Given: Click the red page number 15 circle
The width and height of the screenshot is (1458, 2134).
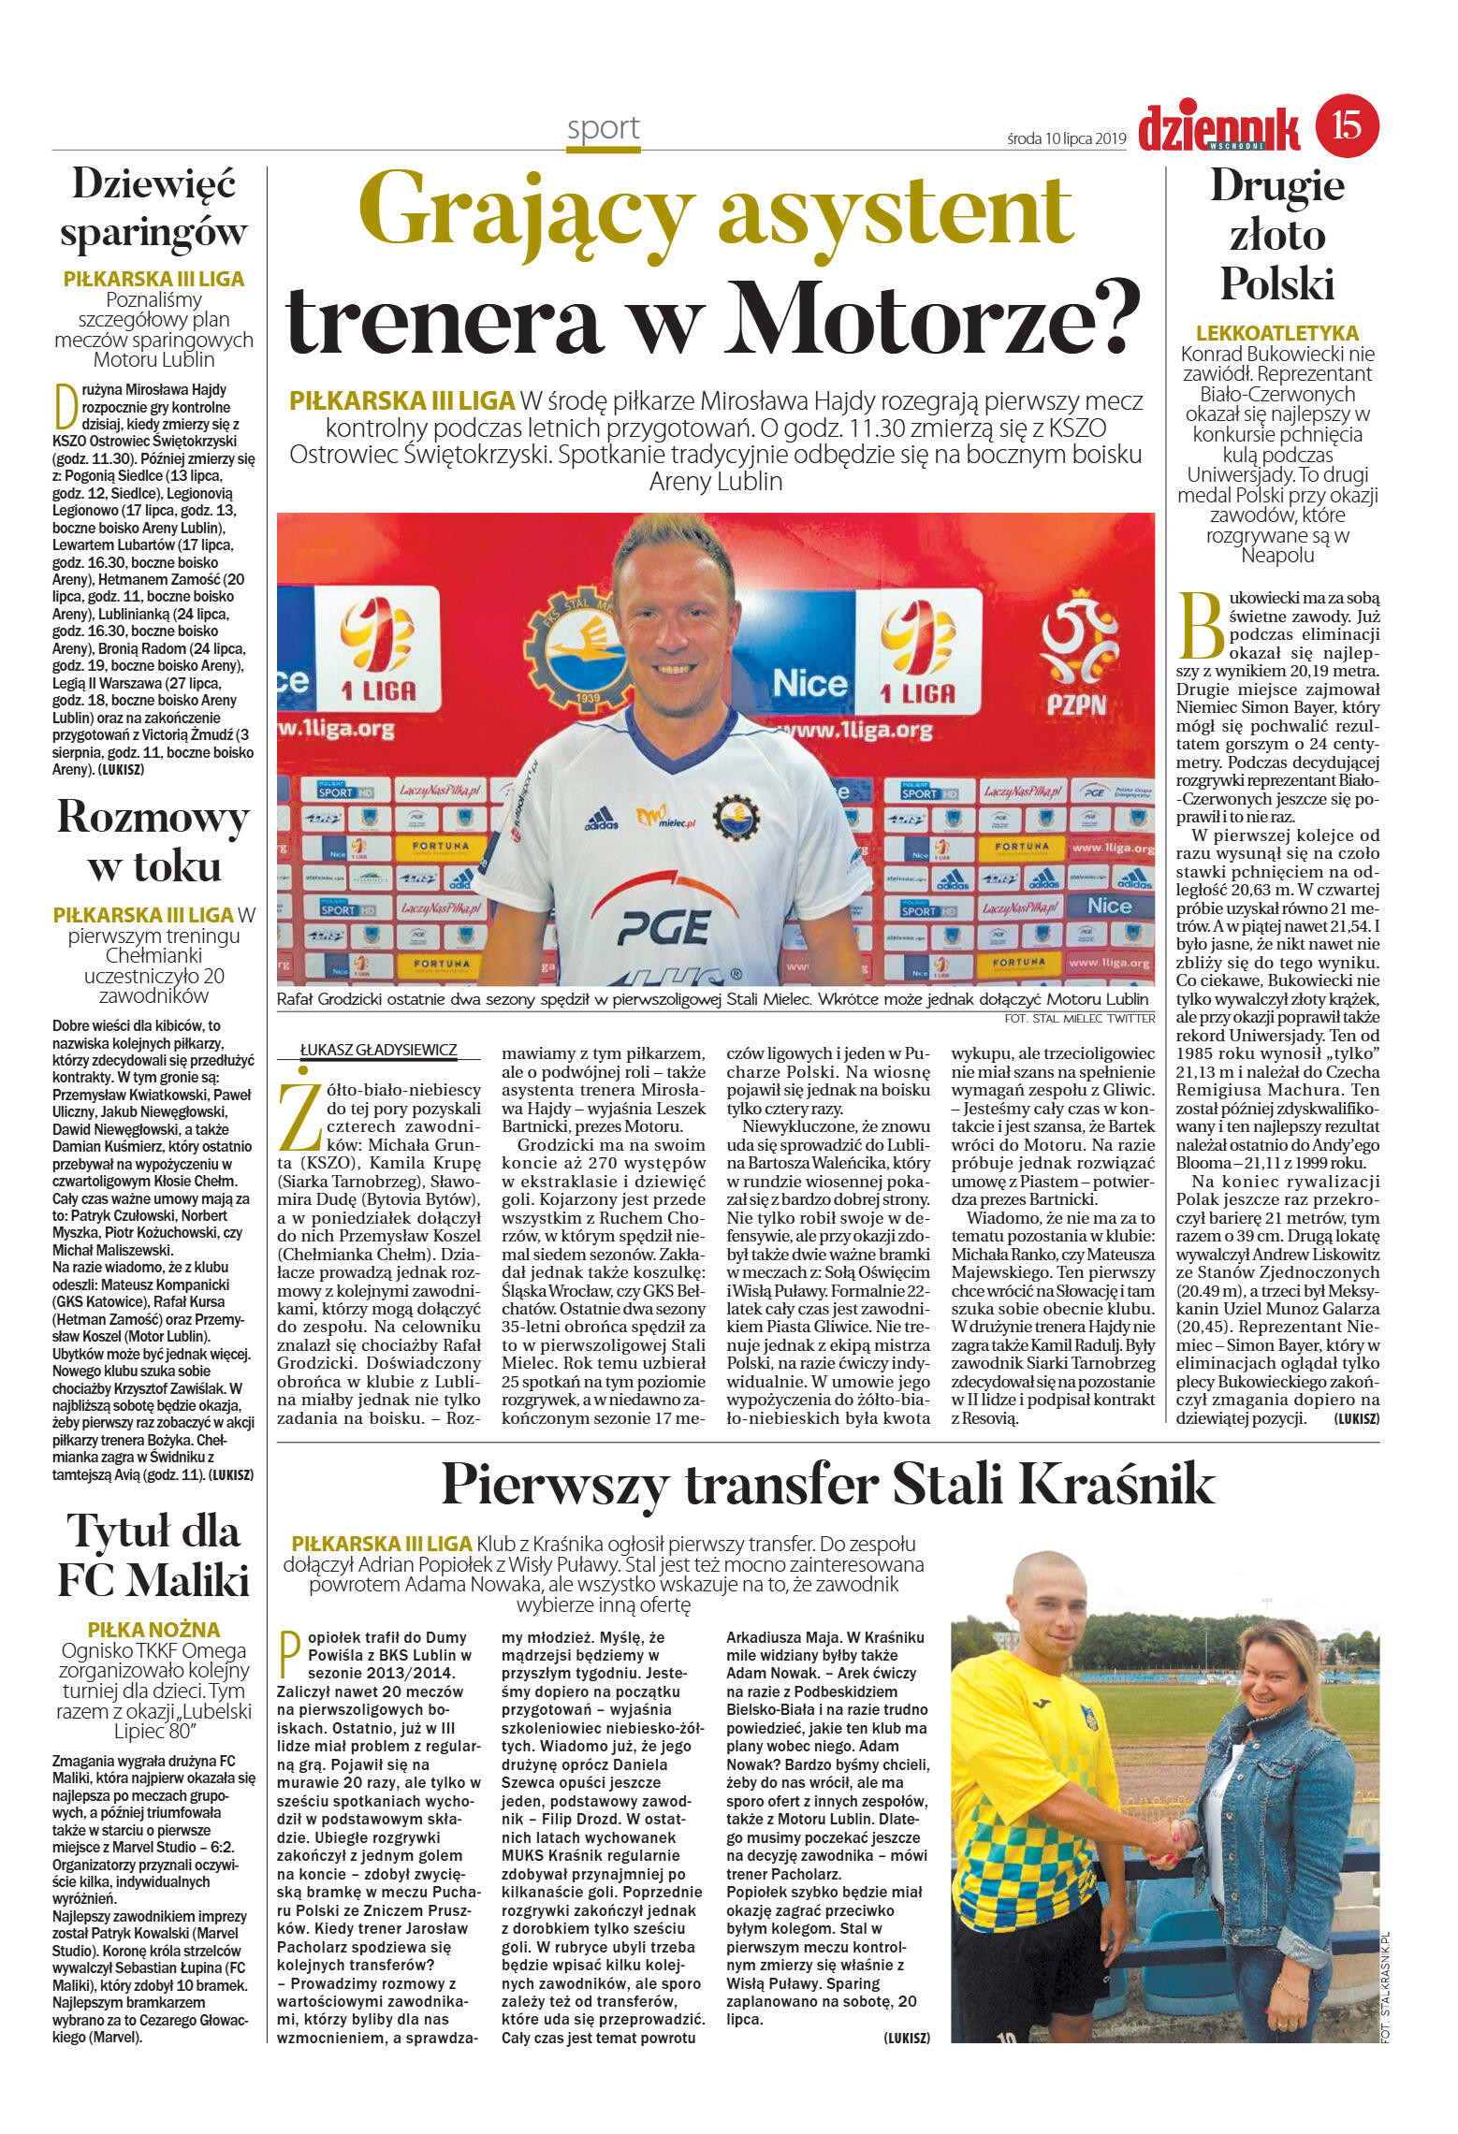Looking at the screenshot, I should [1347, 124].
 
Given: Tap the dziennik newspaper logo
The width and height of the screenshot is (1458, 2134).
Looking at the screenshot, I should [1218, 128].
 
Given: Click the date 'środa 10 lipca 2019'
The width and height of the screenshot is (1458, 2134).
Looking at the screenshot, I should [1066, 138].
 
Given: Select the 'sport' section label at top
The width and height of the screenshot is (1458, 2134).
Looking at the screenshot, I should [603, 128].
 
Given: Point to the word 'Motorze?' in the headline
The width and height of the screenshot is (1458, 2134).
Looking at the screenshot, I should [933, 320].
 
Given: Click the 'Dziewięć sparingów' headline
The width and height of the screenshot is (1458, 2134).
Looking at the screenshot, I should [153, 208].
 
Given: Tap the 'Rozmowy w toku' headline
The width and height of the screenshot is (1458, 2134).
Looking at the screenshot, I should [153, 840].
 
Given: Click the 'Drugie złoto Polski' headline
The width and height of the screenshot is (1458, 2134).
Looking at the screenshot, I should [1277, 234].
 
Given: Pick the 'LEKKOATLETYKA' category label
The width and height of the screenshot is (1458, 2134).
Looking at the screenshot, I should [1276, 333].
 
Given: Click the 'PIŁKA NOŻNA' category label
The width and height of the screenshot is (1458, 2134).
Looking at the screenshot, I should [153, 1629].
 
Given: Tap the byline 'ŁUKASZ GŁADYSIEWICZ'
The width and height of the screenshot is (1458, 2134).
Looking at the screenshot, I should [378, 1050].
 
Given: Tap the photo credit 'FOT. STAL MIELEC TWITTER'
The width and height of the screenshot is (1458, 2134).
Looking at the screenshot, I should [1079, 1018].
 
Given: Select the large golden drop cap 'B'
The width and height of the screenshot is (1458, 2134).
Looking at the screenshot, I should [1202, 625].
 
